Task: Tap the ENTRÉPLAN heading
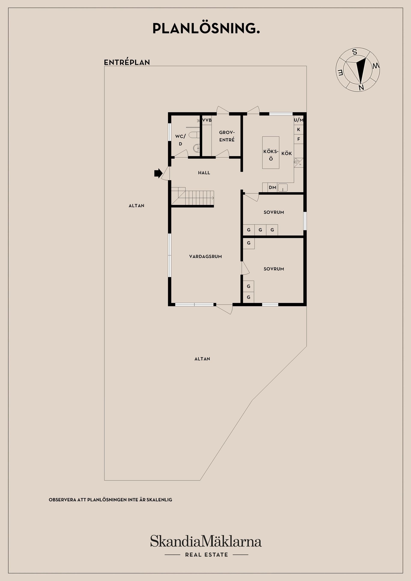127,62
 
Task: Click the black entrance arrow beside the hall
158,173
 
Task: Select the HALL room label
204,173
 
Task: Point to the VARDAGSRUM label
205,256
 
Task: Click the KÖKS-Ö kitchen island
271,153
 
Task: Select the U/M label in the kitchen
299,120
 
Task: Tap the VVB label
207,120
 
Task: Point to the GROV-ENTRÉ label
227,136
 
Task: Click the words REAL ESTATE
206,555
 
